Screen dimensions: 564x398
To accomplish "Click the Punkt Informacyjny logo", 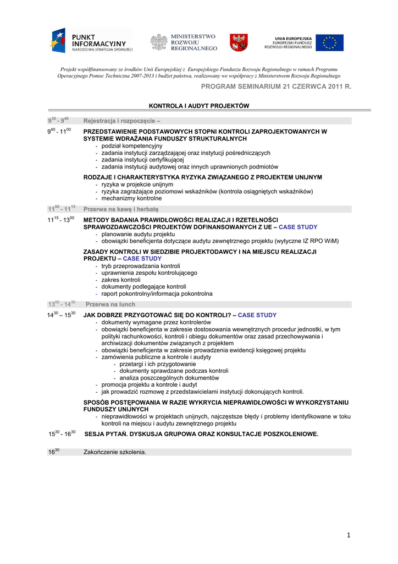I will point(91,40).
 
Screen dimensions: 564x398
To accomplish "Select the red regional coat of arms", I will point(239,42).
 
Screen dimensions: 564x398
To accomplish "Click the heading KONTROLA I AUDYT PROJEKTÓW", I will point(199,105).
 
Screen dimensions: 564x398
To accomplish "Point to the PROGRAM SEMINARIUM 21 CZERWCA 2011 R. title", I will point(275,88).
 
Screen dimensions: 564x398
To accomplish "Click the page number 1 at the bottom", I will point(349,535).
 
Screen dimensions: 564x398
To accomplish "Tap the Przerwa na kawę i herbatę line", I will point(121,209).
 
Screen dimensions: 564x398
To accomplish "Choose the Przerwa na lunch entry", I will point(110,304).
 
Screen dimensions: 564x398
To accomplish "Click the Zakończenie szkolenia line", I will point(115,452).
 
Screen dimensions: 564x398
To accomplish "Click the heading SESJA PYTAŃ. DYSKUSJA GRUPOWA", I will point(201,434).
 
